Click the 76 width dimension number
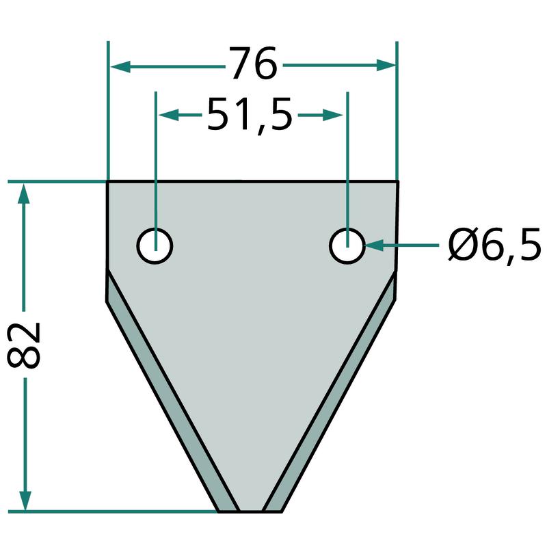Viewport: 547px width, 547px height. [x=253, y=63]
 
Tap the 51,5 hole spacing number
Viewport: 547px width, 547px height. [x=250, y=115]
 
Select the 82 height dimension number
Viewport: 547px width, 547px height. [x=24, y=345]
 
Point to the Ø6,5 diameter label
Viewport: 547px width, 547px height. [x=494, y=244]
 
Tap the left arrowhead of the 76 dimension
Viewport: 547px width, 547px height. [x=120, y=66]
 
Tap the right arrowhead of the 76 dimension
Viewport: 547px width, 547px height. [x=386, y=65]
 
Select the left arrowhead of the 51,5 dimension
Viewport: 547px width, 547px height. [x=169, y=115]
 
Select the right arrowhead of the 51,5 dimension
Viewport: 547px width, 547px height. [x=332, y=115]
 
